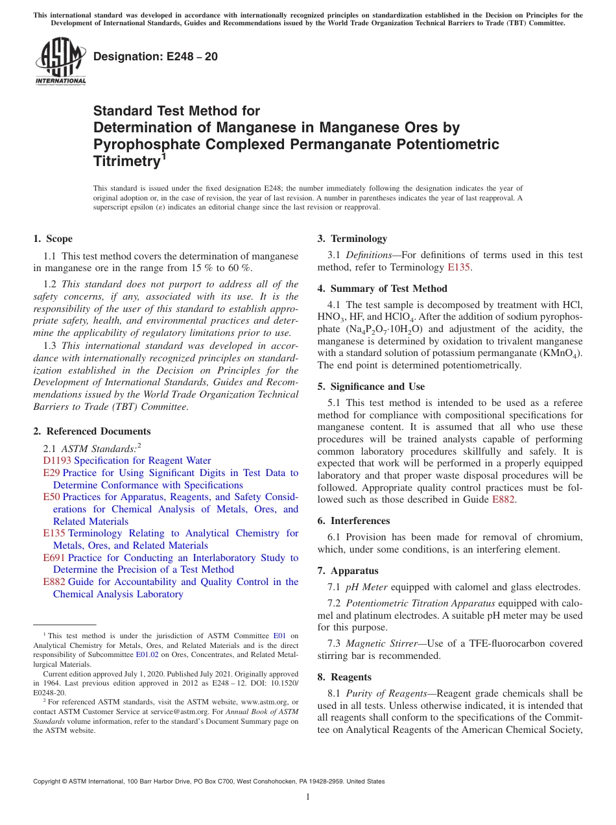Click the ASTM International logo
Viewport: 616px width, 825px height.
[60, 62]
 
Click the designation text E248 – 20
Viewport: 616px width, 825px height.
[156, 57]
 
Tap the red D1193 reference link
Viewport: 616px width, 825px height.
[56, 460]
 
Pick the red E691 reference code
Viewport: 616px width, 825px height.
[54, 558]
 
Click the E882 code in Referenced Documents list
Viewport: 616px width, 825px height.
[54, 582]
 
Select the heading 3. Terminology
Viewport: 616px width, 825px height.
[352, 239]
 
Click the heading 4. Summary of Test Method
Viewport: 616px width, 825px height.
[382, 289]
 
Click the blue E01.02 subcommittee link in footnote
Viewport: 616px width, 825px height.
[146, 655]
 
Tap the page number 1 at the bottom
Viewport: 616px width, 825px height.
[308, 797]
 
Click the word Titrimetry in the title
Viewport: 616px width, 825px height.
[126, 161]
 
